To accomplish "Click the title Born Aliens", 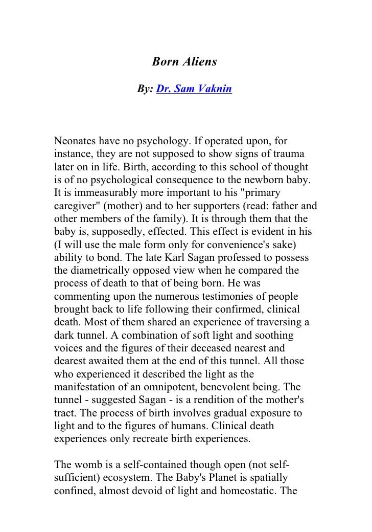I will (184, 62).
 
